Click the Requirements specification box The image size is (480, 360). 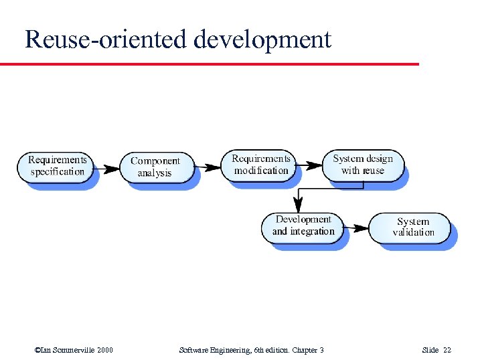[57, 166]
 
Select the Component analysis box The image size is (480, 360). [155, 167]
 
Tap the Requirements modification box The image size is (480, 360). [261, 165]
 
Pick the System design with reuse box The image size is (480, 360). [362, 165]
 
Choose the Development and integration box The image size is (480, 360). [303, 226]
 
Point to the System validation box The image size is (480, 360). [413, 227]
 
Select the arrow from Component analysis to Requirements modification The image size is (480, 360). [208, 167]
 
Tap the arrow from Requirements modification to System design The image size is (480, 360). [309, 165]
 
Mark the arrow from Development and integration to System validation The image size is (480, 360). [352, 228]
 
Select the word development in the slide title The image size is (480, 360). [262, 40]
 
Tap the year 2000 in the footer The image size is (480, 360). [103, 350]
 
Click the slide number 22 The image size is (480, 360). [448, 350]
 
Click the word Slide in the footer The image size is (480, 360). [430, 350]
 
